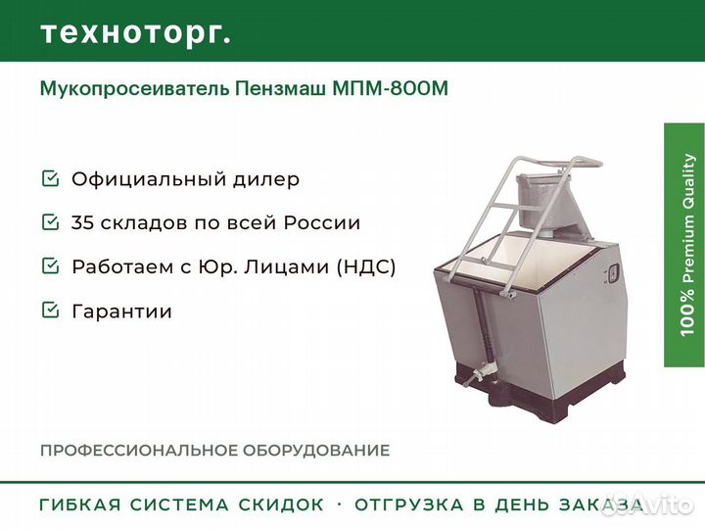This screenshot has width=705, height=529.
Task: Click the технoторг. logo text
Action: (136, 34)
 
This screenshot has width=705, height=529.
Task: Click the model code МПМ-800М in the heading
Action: (391, 88)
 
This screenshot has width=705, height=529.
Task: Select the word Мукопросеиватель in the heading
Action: (135, 89)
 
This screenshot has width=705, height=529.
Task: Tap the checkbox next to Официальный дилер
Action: (50, 178)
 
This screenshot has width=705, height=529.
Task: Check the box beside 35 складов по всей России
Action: (50, 221)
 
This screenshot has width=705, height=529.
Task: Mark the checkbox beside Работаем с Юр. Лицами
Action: (50, 265)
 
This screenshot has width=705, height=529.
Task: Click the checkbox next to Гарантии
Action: (50, 310)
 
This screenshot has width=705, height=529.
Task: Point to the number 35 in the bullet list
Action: (82, 222)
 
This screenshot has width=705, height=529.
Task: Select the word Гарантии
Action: (121, 312)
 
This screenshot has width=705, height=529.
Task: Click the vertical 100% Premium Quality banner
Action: (684, 245)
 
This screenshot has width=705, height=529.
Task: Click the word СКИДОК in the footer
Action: (281, 505)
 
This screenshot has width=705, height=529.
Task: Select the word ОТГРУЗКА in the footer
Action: (408, 505)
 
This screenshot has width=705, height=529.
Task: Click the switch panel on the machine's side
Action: (613, 273)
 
